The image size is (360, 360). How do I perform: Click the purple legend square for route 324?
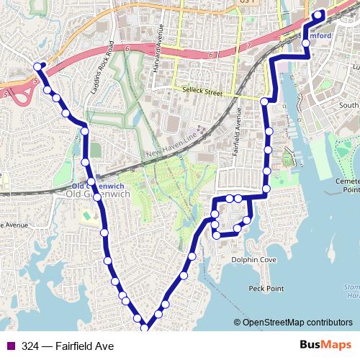11,346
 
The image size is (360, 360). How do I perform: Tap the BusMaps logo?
325,346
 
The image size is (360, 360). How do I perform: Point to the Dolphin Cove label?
248,260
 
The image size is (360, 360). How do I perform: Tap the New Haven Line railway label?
171,147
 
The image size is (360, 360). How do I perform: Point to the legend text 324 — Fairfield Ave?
68,346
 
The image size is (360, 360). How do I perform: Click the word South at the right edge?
349,106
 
